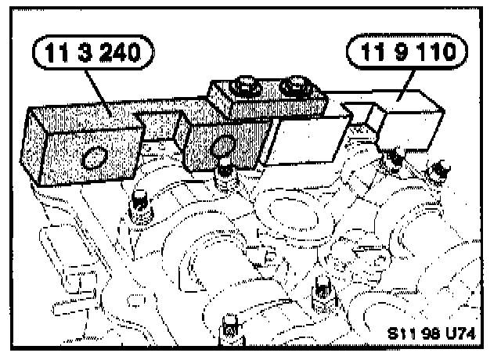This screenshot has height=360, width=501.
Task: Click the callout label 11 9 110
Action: [406, 53]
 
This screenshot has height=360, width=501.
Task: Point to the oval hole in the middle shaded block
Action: [222, 146]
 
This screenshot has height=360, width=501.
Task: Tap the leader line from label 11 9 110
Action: [399, 83]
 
